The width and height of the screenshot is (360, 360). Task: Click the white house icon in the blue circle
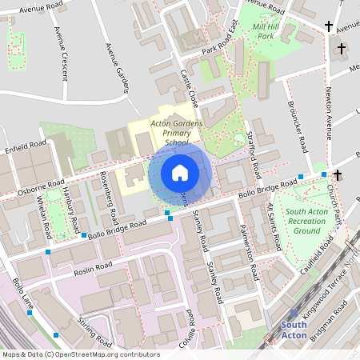click(x=179, y=172)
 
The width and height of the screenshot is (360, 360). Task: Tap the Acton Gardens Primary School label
click(x=176, y=132)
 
